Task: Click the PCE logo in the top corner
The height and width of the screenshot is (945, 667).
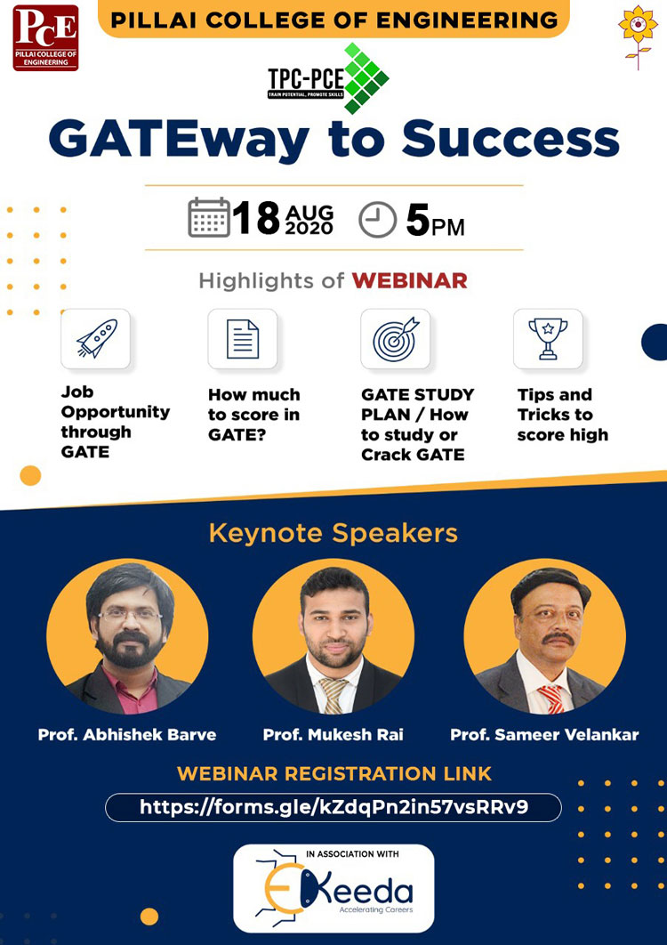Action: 45,37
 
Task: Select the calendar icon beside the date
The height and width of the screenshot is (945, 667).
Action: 209,218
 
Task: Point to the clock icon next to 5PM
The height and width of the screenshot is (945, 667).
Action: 377,220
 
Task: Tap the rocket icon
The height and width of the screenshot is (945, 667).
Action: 95,338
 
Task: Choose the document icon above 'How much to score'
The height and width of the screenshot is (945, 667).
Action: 242,338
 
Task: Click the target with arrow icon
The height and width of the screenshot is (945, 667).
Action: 395,338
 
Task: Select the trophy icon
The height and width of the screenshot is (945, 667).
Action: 548,338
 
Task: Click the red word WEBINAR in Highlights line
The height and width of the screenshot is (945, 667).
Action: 409,281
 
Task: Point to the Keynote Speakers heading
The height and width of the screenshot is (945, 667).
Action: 333,533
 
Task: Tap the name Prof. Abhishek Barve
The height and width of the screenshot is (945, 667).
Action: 126,735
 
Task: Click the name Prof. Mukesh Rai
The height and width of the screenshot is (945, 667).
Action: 333,735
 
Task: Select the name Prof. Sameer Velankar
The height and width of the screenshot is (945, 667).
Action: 544,735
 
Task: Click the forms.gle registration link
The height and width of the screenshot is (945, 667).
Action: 333,807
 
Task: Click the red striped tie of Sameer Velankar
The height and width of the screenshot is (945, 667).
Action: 551,698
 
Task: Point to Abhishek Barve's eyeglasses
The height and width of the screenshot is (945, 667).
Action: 130,615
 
